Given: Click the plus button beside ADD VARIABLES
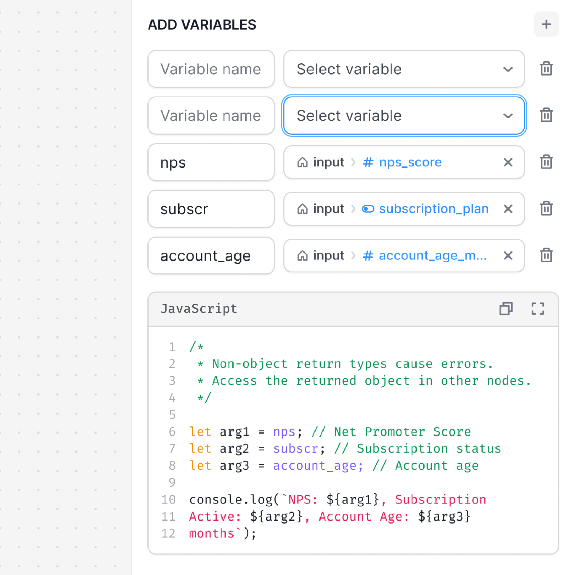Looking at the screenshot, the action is (546, 24).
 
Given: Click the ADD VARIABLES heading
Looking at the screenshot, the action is (202, 25).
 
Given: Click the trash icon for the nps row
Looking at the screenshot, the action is (546, 162).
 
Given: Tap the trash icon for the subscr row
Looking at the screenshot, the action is (546, 209).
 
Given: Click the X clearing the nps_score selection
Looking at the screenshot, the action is (508, 162).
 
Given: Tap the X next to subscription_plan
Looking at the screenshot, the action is (508, 209).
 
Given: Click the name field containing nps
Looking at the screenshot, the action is (211, 162).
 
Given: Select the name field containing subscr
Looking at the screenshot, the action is (211, 209).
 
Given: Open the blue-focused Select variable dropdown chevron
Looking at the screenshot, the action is (508, 116).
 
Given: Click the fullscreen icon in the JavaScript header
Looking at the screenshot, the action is (538, 309).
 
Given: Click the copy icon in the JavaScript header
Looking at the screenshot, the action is (506, 309).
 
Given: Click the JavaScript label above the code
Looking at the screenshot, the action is (199, 309).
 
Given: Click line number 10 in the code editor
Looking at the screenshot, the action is (168, 499).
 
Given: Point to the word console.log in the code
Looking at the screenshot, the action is (231, 499).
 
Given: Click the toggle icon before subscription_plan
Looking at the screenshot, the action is (368, 209).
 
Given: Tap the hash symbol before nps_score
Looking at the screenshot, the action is (368, 162).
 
